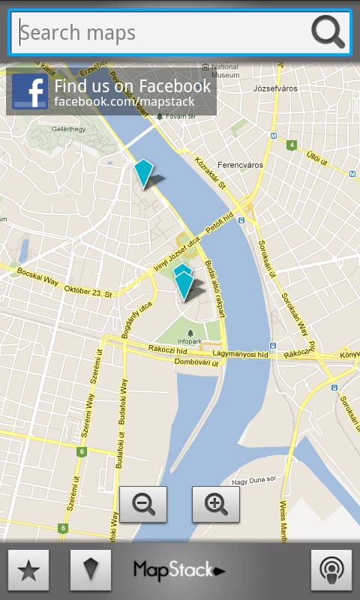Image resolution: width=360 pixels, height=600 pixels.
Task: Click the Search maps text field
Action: tap(161, 32)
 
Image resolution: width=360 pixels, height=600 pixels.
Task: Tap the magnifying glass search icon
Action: tap(328, 32)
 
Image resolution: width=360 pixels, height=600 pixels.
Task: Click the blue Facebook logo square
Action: tap(30, 92)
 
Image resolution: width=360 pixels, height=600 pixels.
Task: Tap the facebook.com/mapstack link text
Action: tap(124, 101)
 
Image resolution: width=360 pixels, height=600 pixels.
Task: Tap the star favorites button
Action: tap(28, 570)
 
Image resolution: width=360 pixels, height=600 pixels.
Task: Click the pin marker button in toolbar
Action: tap(91, 570)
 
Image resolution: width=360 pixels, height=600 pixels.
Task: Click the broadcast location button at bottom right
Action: tap(331, 570)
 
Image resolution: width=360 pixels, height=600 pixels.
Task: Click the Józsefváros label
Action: tap(276, 88)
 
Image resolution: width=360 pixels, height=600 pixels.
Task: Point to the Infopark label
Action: tap(190, 341)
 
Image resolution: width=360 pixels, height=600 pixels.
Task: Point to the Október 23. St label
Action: tap(88, 291)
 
